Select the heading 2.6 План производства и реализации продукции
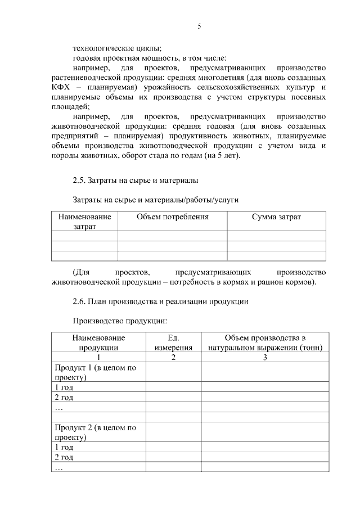(161, 301)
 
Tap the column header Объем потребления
(172, 217)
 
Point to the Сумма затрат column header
(276, 217)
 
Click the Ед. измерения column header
(173, 343)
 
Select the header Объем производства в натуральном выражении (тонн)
(265, 343)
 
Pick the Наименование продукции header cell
(98, 343)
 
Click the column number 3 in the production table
(265, 357)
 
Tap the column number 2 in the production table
(173, 357)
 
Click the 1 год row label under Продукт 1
(64, 387)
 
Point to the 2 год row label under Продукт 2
(64, 457)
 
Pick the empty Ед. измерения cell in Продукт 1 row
(173, 372)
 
